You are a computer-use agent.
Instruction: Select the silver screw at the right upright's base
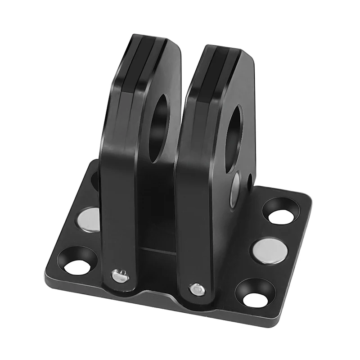point(197,289)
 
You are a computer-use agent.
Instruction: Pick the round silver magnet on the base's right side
point(269,251)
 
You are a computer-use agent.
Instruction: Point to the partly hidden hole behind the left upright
point(95,180)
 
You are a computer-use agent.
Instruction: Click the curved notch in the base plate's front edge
point(153,297)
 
